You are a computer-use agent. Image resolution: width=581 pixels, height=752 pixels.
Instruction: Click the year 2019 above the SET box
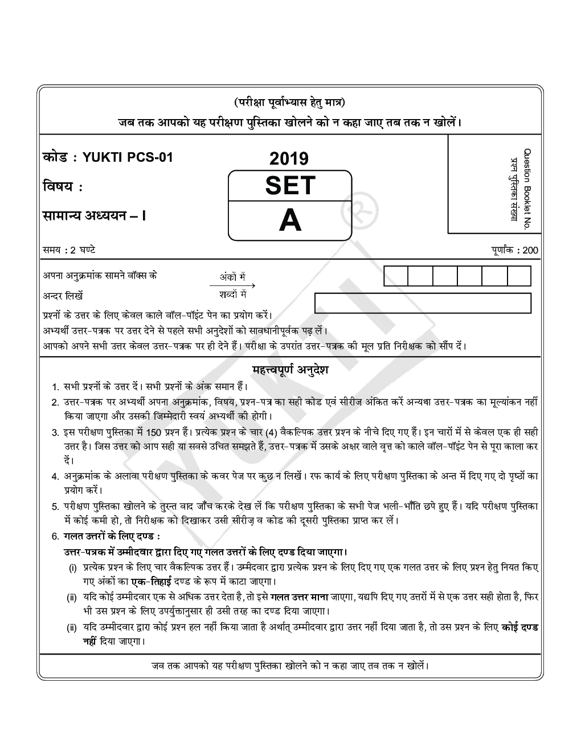coord(289,158)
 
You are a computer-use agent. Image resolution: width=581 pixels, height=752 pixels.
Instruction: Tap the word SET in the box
coord(290,186)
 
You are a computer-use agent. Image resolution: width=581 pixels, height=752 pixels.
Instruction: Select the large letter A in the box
coord(290,221)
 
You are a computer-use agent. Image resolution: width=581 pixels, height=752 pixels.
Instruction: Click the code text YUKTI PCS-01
coord(128,158)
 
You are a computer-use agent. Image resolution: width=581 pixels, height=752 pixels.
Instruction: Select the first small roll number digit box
coord(396,276)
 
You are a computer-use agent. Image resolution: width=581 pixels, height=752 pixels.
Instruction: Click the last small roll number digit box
coord(518,276)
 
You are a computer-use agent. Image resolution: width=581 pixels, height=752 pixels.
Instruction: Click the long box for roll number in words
coord(423,303)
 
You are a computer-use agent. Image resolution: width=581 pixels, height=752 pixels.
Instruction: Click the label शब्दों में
coord(232,295)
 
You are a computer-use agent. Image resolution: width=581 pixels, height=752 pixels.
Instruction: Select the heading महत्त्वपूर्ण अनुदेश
coord(290,370)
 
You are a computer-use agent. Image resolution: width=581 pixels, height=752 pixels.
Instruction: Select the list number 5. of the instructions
coord(55,506)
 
